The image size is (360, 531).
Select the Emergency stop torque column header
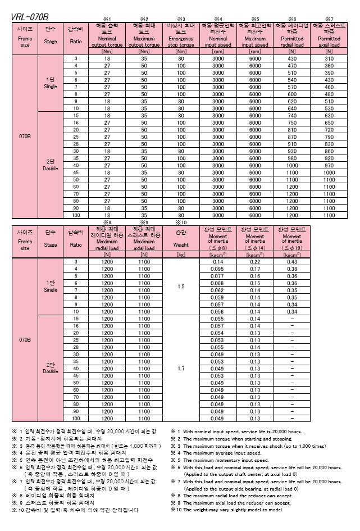point(181,35)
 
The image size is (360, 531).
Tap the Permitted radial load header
point(291,35)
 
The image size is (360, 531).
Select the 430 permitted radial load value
point(291,59)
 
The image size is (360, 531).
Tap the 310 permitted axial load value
point(328,59)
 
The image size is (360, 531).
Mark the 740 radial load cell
point(291,115)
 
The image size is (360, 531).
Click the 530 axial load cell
point(328,108)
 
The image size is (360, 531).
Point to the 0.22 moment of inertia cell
point(254,262)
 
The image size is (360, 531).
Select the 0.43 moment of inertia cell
point(291,262)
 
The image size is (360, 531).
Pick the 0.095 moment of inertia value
point(217,269)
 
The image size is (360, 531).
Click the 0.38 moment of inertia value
point(291,269)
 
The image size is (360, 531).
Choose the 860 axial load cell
point(328,151)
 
